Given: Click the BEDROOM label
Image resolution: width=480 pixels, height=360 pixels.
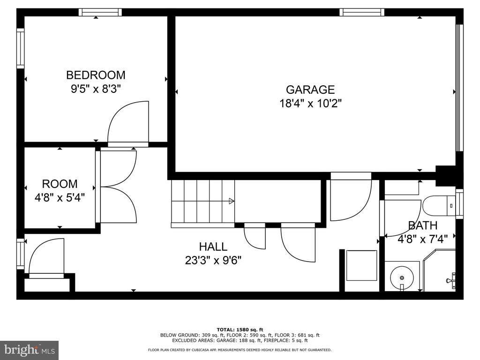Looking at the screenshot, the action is coord(96,75).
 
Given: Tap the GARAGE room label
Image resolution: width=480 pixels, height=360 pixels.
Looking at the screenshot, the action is coord(310,90).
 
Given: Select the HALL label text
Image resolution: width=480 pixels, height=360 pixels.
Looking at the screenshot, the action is coord(213,247).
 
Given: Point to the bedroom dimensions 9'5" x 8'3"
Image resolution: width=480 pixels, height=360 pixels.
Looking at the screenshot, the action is coord(96,89).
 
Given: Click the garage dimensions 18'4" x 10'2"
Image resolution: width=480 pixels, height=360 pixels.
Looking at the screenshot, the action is coord(310,104).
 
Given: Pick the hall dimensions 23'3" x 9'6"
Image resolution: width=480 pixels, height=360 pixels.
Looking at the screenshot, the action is coord(213,261).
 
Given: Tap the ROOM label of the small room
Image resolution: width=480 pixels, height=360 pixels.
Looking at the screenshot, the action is coord(60,184).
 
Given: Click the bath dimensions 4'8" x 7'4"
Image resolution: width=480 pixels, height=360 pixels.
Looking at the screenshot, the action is coord(422,239).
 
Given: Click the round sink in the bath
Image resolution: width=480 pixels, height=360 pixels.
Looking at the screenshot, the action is coord(402,277).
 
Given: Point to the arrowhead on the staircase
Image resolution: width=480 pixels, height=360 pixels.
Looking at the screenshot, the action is coord(232,201).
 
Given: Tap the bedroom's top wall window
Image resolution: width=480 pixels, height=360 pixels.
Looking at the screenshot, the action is coord(100,12).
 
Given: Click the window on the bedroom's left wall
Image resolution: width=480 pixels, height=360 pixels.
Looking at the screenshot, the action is coord(20,48).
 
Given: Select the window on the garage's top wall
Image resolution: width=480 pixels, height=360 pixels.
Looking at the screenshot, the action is coord(362,12).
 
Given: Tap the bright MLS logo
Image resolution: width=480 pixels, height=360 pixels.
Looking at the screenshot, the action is coord(29,350).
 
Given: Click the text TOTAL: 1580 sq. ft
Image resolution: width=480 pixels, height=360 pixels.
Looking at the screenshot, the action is coord(240,330).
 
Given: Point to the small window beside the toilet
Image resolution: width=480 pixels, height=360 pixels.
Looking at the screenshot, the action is coord(459,204).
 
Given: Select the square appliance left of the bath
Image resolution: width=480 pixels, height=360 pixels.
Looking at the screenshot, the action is coord(361,265).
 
